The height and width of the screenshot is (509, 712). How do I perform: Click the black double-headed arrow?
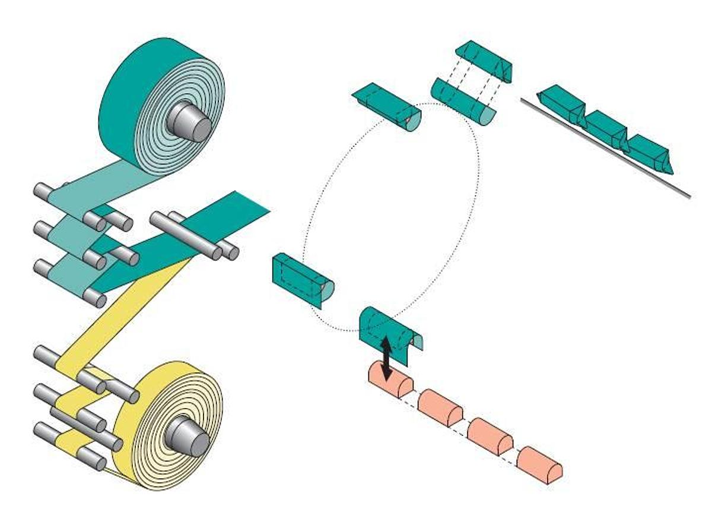click(386, 358)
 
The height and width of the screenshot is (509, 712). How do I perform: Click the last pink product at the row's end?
click(539, 464)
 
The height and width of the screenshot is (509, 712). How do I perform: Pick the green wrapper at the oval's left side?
click(301, 279)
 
